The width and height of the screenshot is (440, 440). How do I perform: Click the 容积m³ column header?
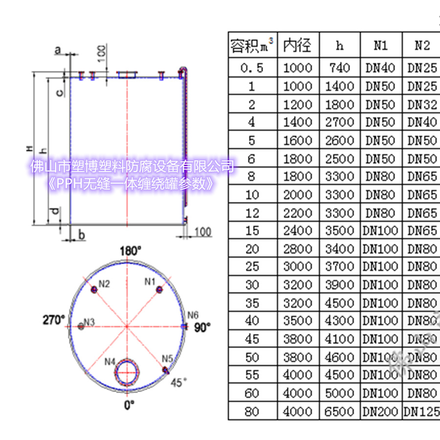tap(252, 45)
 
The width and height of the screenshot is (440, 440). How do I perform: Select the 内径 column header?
tap(298, 45)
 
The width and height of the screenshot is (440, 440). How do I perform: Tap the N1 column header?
tap(381, 45)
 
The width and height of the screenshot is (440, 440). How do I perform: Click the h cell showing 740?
tap(339, 68)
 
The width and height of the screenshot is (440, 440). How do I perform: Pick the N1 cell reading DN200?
tap(381, 411)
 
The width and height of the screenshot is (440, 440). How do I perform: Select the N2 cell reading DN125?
tap(421, 411)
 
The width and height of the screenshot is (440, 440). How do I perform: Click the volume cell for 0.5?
tap(252, 68)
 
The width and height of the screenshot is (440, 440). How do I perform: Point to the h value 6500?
tap(339, 411)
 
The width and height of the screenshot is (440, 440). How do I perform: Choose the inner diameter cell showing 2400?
tap(298, 231)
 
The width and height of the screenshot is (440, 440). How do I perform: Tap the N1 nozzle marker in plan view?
tap(159, 289)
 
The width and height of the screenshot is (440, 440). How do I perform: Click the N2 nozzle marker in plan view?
tap(94, 290)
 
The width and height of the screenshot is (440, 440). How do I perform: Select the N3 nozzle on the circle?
tap(81, 327)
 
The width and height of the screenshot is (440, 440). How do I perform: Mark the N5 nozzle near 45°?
tap(166, 370)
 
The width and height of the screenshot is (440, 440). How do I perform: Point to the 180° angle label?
tap(130, 251)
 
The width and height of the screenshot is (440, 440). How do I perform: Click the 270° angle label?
tap(54, 320)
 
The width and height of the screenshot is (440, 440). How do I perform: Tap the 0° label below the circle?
tap(129, 405)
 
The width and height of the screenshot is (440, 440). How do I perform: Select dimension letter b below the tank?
tap(82, 236)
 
